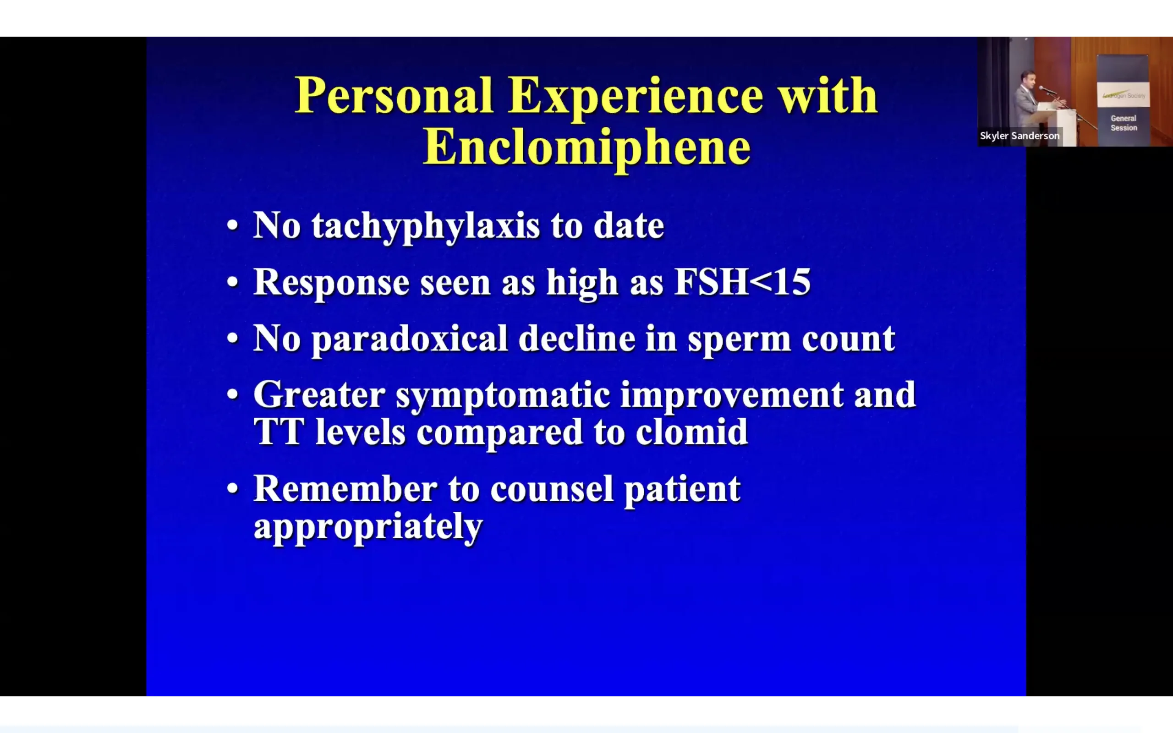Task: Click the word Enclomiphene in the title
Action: (587, 148)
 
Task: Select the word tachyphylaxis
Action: (426, 226)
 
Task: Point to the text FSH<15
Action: (742, 282)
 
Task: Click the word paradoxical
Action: (410, 339)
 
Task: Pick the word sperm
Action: (740, 341)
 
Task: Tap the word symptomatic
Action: (503, 396)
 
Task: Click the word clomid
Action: (692, 432)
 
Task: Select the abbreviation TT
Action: (279, 432)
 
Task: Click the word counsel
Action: (552, 489)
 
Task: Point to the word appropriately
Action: (368, 527)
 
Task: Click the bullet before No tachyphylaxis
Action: (233, 225)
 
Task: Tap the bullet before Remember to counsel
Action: (233, 489)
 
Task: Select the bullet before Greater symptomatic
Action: (233, 394)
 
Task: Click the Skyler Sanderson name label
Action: (1020, 136)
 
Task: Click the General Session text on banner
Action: (1124, 123)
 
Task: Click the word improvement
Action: (732, 396)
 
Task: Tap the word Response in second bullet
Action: (332, 283)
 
